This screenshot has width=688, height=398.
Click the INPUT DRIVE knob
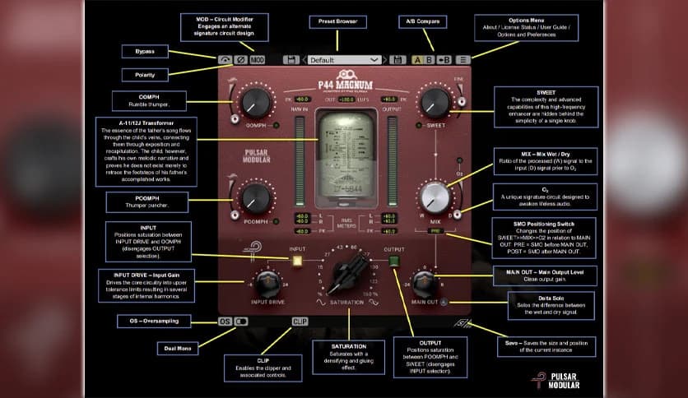pyautogui.click(x=266, y=284)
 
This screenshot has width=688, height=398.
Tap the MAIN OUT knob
pyautogui.click(x=425, y=284)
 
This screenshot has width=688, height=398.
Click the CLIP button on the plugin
pyautogui.click(x=300, y=322)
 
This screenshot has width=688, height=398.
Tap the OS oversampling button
pyautogui.click(x=225, y=322)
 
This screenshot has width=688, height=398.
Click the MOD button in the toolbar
pyautogui.click(x=258, y=60)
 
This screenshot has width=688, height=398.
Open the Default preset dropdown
pyautogui.click(x=344, y=60)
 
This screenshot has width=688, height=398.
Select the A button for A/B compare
pyautogui.click(x=417, y=60)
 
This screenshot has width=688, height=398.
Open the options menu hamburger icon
pyautogui.click(x=463, y=60)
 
